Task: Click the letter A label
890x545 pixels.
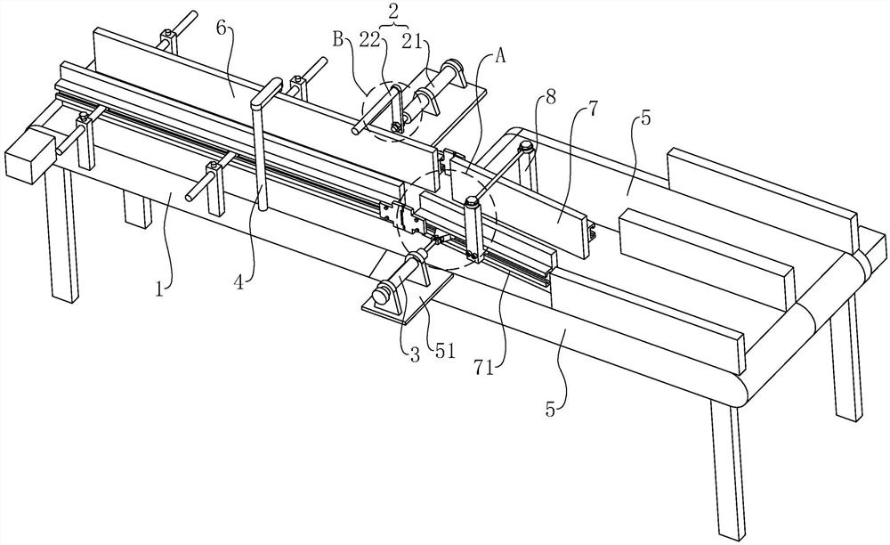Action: pos(499,54)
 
